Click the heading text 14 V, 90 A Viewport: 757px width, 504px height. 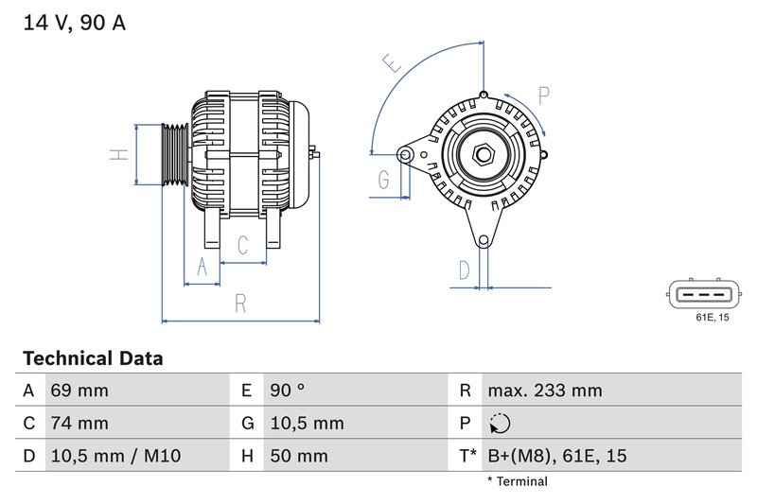tap(73, 23)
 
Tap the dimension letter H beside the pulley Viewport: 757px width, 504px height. tap(118, 154)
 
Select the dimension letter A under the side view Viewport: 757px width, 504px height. tap(201, 268)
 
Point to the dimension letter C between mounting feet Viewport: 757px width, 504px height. tap(243, 246)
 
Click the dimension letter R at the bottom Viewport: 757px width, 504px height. tap(240, 304)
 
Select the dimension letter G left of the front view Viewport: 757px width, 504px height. tap(384, 179)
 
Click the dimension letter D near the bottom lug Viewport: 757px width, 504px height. tap(464, 270)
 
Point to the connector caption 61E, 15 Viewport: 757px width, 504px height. tap(712, 318)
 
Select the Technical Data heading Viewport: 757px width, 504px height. tap(93, 359)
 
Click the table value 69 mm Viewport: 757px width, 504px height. tap(79, 391)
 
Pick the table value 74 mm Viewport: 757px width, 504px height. tap(79, 423)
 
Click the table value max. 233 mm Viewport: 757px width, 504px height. tap(544, 391)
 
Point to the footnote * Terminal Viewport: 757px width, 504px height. tap(517, 481)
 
